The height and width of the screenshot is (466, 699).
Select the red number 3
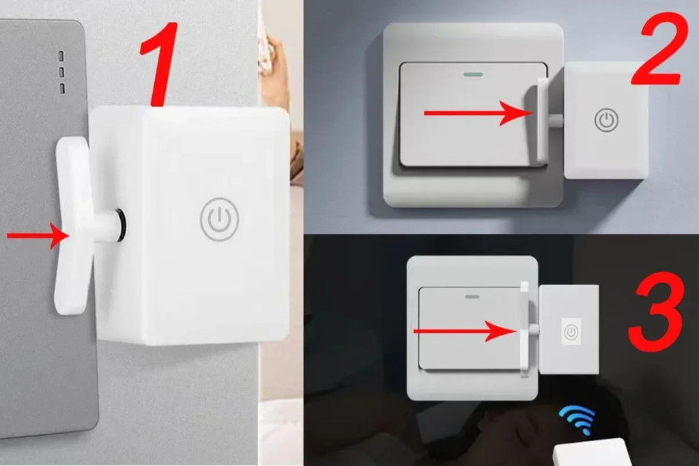[x=655, y=311]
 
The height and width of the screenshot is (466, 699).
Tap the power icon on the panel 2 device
[x=605, y=120]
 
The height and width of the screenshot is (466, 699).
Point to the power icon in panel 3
[x=571, y=333]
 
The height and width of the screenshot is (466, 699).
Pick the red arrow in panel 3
[x=463, y=332]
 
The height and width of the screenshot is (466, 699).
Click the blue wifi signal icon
[x=577, y=418]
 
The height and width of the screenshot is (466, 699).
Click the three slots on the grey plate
[x=61, y=71]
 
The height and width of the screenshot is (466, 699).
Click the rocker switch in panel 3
[x=468, y=328]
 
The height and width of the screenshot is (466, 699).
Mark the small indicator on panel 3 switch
[x=470, y=297]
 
